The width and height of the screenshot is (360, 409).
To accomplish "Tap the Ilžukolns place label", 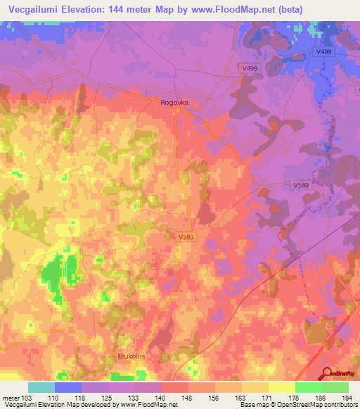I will [x=130, y=357].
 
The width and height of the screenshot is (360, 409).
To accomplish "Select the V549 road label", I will [x=302, y=184].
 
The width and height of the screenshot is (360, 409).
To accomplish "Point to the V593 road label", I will [x=186, y=238].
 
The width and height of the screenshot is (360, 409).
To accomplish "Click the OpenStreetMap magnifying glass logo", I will [x=328, y=372].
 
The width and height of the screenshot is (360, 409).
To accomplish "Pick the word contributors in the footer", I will [x=340, y=405].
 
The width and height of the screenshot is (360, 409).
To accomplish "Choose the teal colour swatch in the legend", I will [x=41, y=387].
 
